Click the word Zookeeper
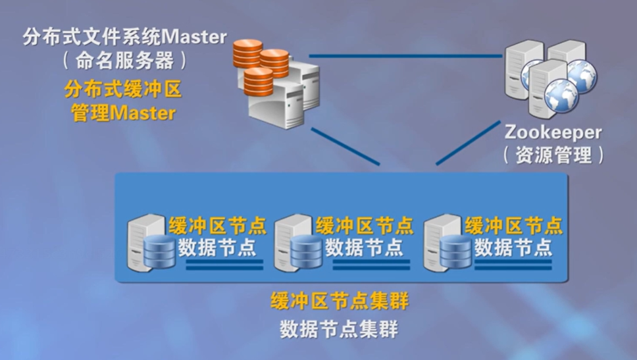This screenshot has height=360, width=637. [x=553, y=132]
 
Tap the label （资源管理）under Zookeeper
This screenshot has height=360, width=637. [x=553, y=155]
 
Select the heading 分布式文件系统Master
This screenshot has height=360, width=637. [x=125, y=36]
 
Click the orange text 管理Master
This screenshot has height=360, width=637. [x=123, y=113]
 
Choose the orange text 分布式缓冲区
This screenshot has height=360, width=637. [x=123, y=88]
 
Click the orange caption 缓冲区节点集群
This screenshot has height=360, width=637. [x=340, y=302]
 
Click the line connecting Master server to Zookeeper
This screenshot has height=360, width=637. [x=405, y=56]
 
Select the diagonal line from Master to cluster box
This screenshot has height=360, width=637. [x=345, y=146]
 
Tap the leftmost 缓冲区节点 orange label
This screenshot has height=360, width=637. [x=218, y=226]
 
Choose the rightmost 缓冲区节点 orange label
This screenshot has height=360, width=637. [x=514, y=226]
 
